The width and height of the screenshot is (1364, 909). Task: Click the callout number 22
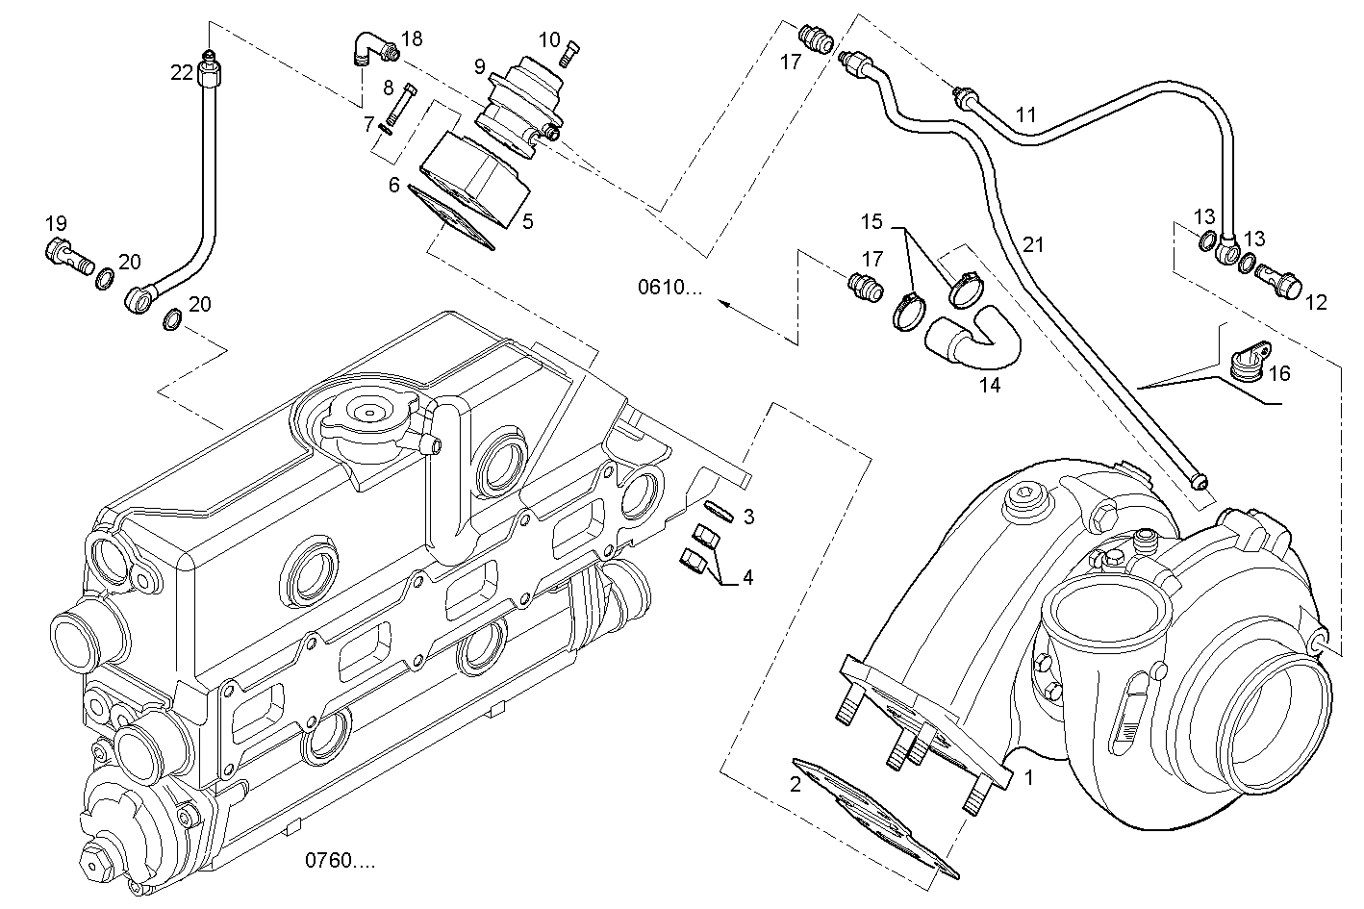182,72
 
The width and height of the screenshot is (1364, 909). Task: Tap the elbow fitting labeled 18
370,48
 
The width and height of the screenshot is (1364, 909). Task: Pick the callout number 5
527,221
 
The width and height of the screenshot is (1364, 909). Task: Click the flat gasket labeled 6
451,220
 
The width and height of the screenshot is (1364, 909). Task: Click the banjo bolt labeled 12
1277,281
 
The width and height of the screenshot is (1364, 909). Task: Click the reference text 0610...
670,288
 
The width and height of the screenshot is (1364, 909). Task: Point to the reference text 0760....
341,860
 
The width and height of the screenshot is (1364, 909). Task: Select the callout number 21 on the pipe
1032,244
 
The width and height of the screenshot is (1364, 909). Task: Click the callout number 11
1025,114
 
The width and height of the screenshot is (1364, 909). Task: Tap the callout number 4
746,578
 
